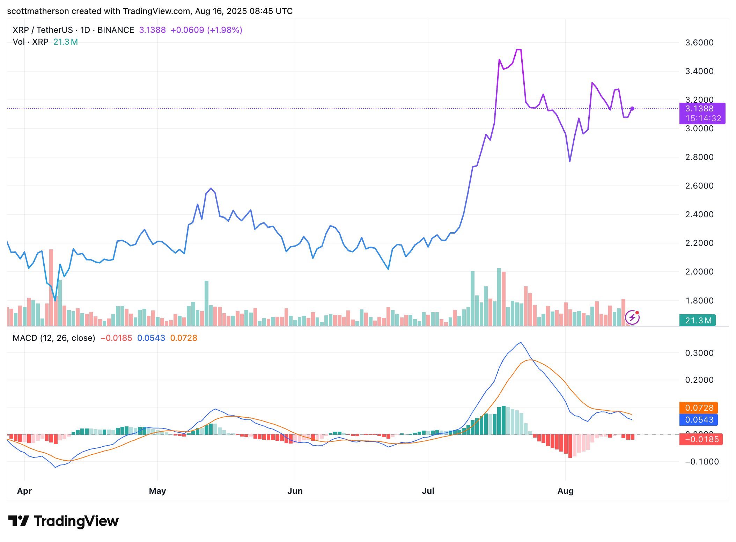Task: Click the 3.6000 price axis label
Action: pos(699,43)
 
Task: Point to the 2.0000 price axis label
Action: pos(699,272)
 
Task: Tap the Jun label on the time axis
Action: pos(295,491)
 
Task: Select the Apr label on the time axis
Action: pos(24,491)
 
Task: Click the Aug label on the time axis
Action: pos(565,491)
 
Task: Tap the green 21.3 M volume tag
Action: pos(698,320)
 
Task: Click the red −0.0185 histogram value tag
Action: pos(701,439)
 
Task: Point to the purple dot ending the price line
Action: pos(632,109)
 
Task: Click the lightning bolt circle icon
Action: pos(632,317)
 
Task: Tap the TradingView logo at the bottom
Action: pos(63,521)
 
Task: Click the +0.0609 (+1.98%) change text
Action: pos(206,30)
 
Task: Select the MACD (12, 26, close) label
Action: pos(54,338)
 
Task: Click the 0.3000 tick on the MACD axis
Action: pos(699,353)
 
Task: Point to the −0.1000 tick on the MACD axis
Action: pos(699,462)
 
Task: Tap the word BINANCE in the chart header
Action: pos(116,30)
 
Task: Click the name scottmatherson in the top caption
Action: pos(38,11)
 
